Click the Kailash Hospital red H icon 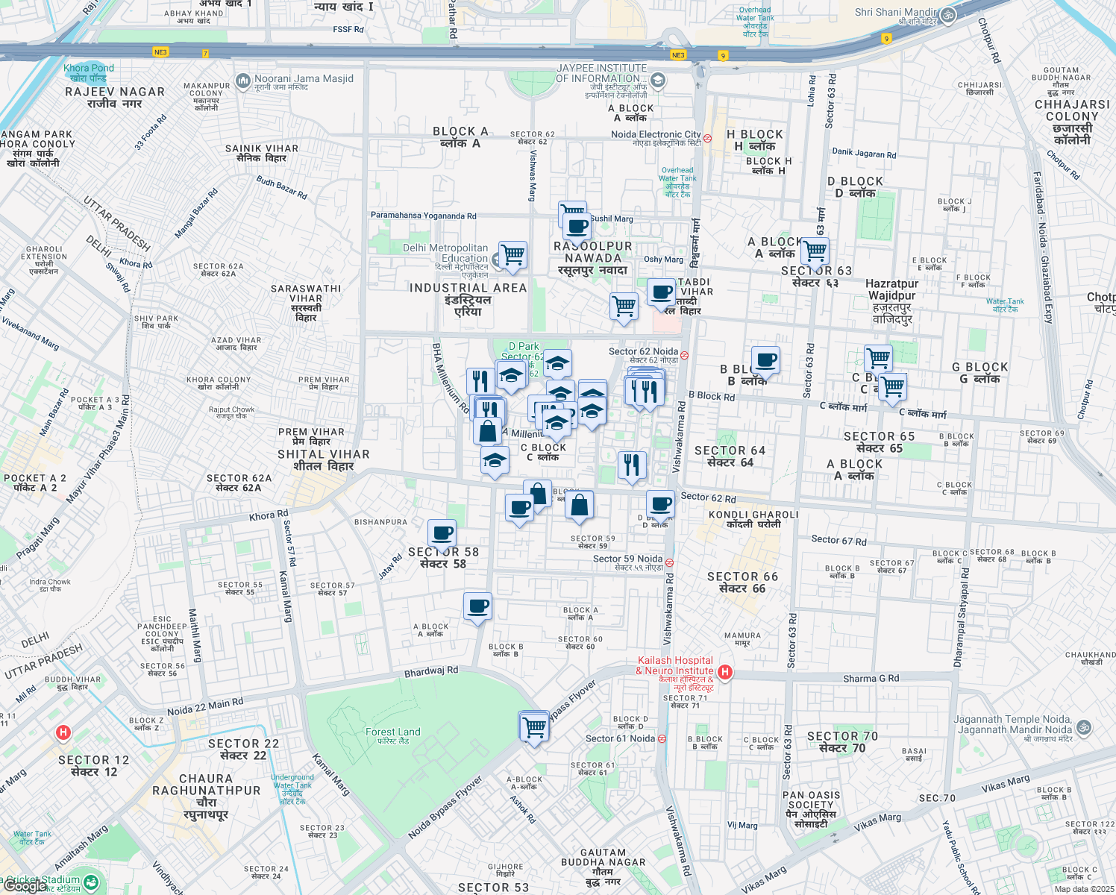pyautogui.click(x=724, y=672)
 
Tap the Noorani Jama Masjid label pyautogui.click(x=304, y=79)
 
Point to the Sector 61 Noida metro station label pyautogui.click(x=620, y=739)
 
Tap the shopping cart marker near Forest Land pyautogui.click(x=534, y=726)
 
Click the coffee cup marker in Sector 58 pyautogui.click(x=442, y=534)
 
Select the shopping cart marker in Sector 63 pyautogui.click(x=815, y=252)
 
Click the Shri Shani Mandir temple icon pyautogui.click(x=947, y=16)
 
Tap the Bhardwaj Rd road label pyautogui.click(x=431, y=671)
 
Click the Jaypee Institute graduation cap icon pyautogui.click(x=657, y=80)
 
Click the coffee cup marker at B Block pyautogui.click(x=765, y=361)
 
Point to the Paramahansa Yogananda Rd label pyautogui.click(x=423, y=216)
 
